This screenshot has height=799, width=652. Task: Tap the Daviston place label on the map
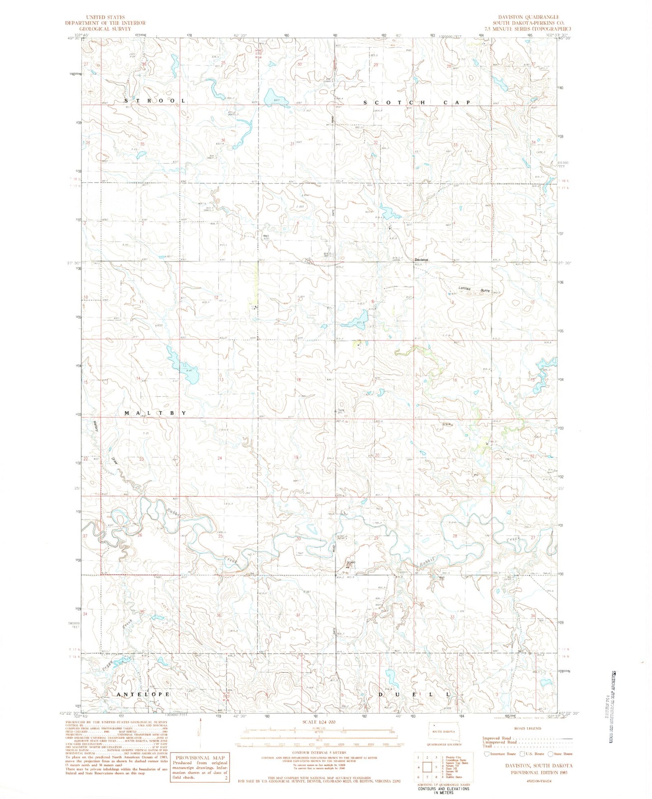click(x=422, y=260)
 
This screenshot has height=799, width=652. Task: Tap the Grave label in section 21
click(x=447, y=424)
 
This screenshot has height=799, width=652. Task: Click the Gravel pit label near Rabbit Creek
click(x=351, y=562)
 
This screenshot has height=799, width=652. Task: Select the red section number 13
click(x=221, y=379)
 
